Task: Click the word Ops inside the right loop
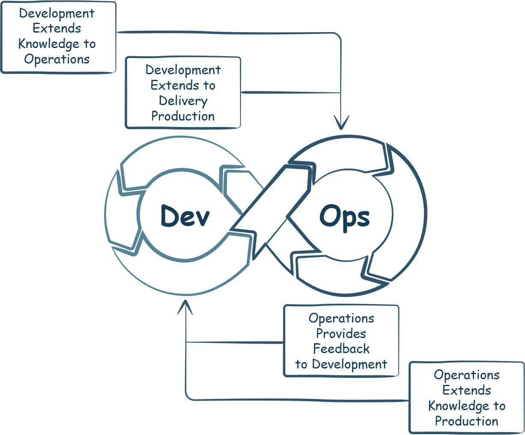tap(344, 217)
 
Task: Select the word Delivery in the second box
tap(183, 101)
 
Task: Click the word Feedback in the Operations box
tap(341, 349)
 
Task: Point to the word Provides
tap(341, 333)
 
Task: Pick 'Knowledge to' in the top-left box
tap(57, 44)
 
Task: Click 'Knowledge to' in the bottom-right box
tap(467, 406)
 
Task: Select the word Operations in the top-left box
tap(57, 59)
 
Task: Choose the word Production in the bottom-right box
tap(467, 421)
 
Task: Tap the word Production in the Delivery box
tap(183, 116)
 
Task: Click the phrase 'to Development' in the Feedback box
tap(341, 365)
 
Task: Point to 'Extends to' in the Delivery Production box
tap(183, 85)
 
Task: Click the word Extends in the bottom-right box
tap(467, 390)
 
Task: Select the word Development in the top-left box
tap(57, 13)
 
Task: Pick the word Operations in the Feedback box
tap(341, 318)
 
